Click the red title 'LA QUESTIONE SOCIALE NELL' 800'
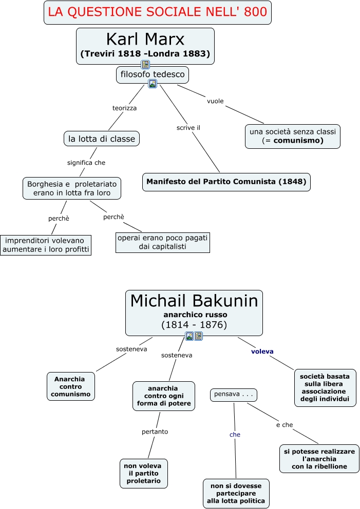click(x=158, y=12)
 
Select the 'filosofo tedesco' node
click(x=153, y=75)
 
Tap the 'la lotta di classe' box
click(x=101, y=139)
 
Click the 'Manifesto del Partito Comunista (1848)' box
click(x=226, y=182)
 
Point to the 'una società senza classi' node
click(x=292, y=136)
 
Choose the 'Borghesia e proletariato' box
click(x=72, y=188)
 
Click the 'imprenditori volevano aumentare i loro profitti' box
click(x=46, y=245)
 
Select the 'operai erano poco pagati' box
click(x=162, y=242)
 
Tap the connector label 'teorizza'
click(x=124, y=108)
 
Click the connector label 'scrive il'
click(x=188, y=128)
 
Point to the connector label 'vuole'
click(x=215, y=101)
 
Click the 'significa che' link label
click(x=86, y=163)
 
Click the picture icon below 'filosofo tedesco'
click(x=153, y=84)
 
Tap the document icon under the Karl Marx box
click(x=145, y=64)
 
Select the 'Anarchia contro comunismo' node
click(x=70, y=386)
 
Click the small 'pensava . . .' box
click(x=233, y=395)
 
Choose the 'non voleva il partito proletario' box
click(x=144, y=473)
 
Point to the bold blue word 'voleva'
click(x=262, y=351)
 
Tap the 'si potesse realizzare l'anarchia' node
click(x=319, y=459)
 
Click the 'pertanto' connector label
click(x=155, y=432)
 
